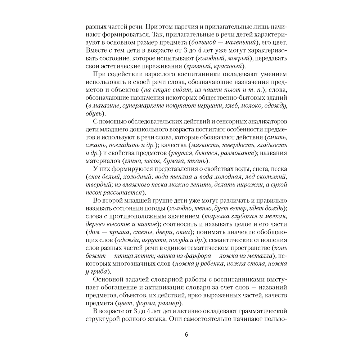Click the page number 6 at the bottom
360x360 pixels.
pyautogui.click(x=186, y=334)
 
